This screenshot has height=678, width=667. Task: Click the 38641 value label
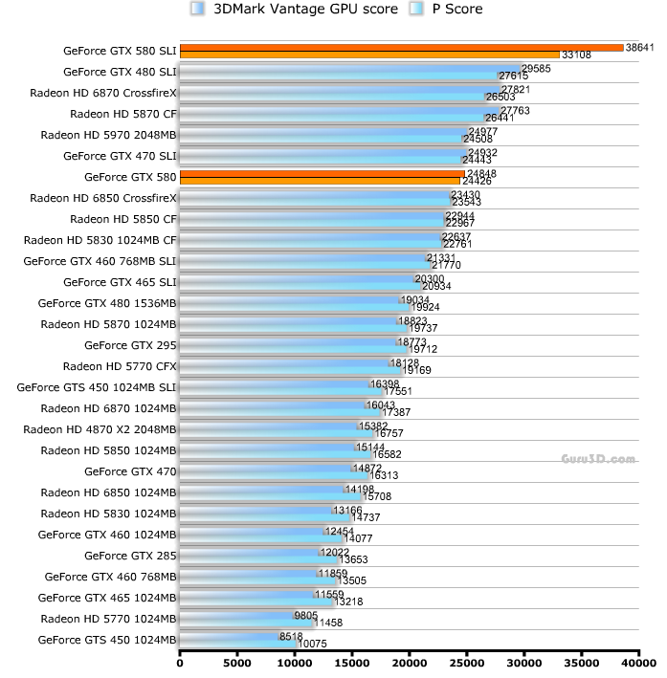coord(637,46)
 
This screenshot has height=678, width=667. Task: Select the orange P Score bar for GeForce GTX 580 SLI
coord(369,55)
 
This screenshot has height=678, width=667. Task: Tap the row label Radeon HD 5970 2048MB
coord(109,135)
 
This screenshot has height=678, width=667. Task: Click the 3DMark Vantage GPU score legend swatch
coord(197,10)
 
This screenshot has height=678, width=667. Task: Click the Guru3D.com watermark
coord(598,459)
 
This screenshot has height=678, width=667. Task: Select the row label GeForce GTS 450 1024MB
coord(107,640)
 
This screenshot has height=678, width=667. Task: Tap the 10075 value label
coord(313,644)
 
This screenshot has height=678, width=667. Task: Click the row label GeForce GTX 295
coord(130,345)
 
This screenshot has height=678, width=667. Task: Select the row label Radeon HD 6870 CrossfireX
coord(103,93)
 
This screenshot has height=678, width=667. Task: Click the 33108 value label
coord(576,55)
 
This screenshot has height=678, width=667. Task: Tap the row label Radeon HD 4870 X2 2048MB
coord(100,429)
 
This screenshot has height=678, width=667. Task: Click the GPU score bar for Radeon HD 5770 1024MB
coord(235,615)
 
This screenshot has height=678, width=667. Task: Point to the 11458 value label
coord(328,623)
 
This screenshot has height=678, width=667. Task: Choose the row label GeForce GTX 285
coord(130,556)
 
